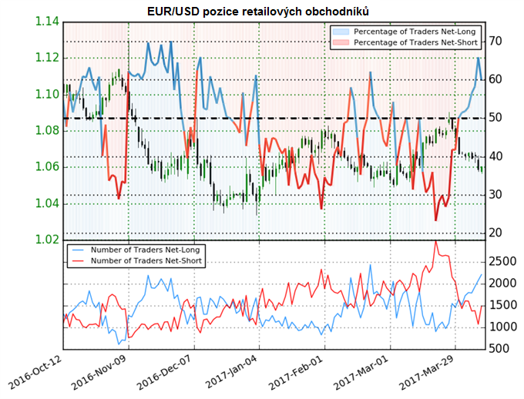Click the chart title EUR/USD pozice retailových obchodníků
click(x=262, y=10)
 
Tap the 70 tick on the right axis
click(x=495, y=41)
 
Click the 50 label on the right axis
click(x=495, y=118)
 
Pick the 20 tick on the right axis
click(x=495, y=233)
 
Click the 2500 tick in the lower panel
click(x=501, y=262)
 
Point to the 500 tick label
click(x=498, y=348)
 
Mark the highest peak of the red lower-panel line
click(x=435, y=241)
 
